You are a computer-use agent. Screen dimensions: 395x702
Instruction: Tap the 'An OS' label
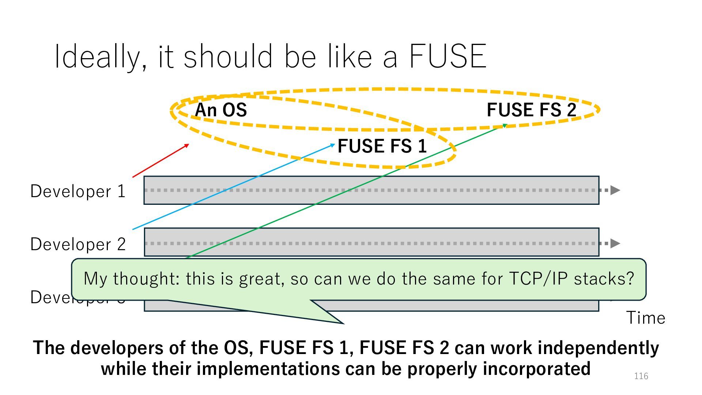(221, 110)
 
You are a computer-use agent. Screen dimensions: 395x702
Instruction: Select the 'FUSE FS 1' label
(382, 146)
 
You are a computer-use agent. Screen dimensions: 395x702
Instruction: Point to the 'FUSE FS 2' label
(531, 110)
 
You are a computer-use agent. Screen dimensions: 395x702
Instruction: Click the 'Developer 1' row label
(78, 191)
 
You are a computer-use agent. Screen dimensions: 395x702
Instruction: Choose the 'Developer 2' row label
(78, 244)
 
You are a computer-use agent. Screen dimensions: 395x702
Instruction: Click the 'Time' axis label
(646, 317)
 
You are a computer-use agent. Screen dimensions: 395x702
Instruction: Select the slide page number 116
(641, 376)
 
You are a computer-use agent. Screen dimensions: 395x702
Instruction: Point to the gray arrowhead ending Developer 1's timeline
(615, 190)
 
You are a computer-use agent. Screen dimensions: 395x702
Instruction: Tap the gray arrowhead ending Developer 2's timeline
(615, 243)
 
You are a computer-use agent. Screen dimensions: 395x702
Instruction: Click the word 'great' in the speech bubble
(261, 279)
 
